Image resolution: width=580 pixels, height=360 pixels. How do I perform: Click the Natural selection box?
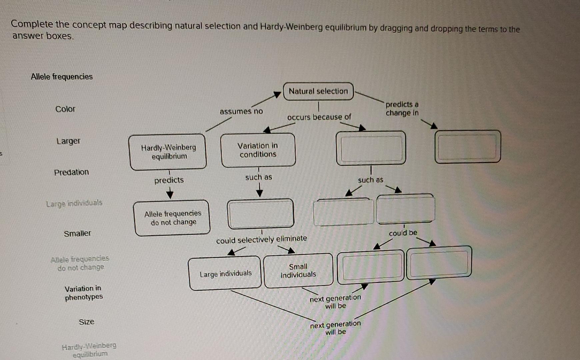[x=318, y=91]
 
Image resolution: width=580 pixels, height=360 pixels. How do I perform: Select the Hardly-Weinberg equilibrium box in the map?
[x=168, y=152]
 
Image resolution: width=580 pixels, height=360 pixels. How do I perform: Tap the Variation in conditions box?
[x=258, y=150]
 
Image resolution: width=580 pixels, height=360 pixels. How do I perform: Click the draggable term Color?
[x=65, y=109]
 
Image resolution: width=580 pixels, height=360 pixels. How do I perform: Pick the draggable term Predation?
[x=71, y=172]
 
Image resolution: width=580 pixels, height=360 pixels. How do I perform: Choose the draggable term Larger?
[x=68, y=141]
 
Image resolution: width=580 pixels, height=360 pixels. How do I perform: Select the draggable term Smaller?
[x=77, y=233]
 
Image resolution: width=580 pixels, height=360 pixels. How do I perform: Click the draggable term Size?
[x=87, y=322]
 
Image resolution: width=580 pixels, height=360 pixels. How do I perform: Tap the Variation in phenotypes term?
[x=84, y=293]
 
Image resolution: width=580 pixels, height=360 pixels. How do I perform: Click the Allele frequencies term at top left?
[x=62, y=77]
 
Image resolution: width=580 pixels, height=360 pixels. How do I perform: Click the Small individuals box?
[x=298, y=271]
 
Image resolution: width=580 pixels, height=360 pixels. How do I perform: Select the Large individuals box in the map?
[x=225, y=274]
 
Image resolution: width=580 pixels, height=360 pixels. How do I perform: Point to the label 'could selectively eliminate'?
[x=261, y=239]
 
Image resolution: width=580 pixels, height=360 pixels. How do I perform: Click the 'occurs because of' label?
[x=319, y=117]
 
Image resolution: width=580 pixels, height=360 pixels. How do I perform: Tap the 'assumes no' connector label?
[x=241, y=111]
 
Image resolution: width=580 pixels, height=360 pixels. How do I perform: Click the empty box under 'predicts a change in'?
[x=467, y=147]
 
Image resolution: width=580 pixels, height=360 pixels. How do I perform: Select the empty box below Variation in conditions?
[x=260, y=213]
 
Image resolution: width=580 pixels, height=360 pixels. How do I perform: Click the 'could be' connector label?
[x=403, y=233]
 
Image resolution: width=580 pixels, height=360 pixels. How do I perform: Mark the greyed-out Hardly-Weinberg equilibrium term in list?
[x=89, y=350]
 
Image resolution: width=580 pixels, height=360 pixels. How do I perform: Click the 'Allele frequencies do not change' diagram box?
[x=172, y=218]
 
